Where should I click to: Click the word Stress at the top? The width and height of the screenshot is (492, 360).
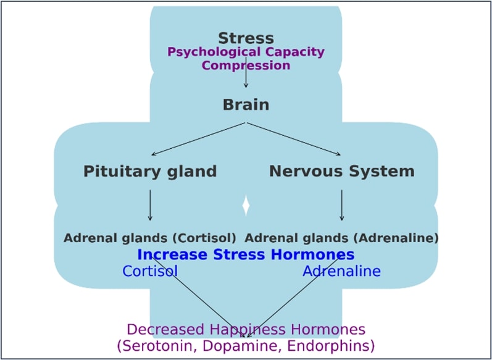tap(246, 38)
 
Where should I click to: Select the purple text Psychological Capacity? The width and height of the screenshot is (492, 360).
tap(246, 52)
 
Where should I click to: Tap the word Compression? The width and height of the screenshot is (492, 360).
tap(246, 65)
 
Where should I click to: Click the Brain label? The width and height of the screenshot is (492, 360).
tap(246, 104)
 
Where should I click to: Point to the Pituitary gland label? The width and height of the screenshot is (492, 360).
tap(150, 171)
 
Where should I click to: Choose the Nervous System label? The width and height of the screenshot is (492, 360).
tap(341, 171)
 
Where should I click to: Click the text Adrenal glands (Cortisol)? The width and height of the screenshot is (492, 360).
tap(150, 238)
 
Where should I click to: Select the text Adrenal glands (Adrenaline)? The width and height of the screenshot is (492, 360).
tap(341, 238)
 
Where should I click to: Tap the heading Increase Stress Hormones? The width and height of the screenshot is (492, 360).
tap(246, 254)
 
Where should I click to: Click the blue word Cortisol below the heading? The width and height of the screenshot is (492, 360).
tap(150, 271)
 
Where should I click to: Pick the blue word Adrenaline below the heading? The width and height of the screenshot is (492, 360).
tap(341, 271)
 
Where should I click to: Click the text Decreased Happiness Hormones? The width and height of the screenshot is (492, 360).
tap(246, 330)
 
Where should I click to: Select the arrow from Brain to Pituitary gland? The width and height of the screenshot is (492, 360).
tap(198, 139)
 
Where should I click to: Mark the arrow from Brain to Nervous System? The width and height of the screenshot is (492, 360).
tap(294, 139)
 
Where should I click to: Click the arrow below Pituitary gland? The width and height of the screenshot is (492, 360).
tap(150, 205)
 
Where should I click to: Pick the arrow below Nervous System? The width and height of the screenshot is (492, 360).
tap(341, 205)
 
